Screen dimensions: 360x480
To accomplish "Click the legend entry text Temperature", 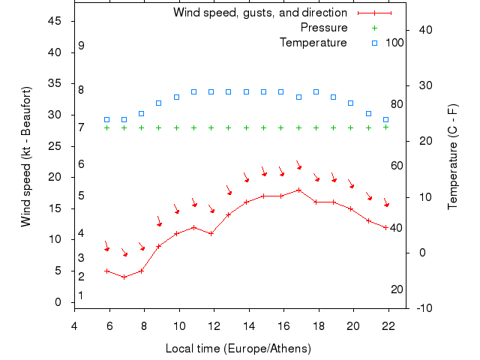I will (313, 43).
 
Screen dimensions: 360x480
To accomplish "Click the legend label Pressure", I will (324, 28).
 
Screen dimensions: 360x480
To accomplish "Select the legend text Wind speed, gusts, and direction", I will (260, 13).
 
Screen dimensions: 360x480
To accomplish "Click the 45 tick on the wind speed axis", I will (55, 21).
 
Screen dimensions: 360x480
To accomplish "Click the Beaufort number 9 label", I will (81, 46).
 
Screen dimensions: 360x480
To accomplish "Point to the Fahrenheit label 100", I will (394, 43).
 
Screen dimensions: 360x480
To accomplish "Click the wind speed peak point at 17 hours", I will (298, 190).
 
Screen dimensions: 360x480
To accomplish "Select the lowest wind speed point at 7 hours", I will (124, 277).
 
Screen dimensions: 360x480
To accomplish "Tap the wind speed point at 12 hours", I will (211, 233).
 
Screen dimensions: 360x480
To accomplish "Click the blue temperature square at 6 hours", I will (106, 119).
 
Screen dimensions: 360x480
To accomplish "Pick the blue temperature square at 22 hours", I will (385, 119).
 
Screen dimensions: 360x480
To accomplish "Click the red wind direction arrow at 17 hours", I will (298, 165).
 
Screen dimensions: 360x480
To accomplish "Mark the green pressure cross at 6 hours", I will (106, 127).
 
